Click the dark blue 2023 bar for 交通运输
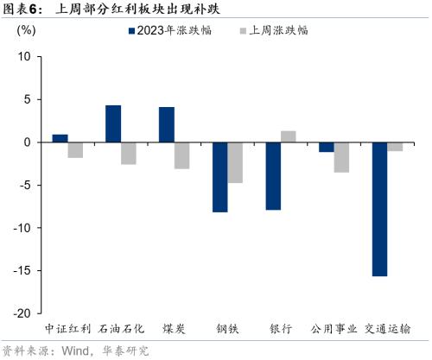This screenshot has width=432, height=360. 379,209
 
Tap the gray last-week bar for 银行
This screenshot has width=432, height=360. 289,136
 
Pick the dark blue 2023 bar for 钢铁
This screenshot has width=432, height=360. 219,177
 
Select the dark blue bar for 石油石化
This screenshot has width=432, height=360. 113,123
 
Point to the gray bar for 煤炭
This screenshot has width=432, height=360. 181,155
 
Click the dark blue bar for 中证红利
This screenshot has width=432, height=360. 60,138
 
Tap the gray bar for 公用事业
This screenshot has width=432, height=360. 341,157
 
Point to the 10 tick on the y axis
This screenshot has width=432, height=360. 23,57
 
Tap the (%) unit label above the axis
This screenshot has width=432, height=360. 27,30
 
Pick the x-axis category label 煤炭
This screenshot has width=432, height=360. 175,329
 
